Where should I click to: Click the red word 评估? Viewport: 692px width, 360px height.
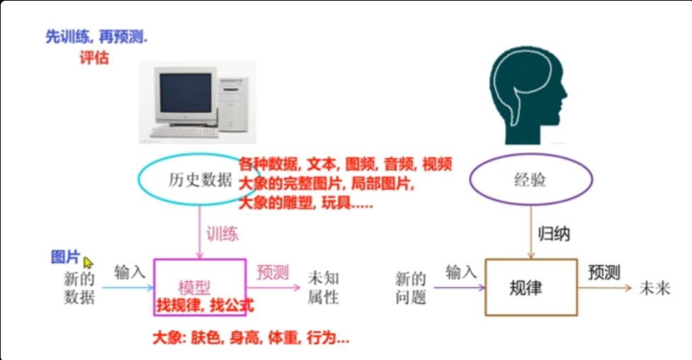94,58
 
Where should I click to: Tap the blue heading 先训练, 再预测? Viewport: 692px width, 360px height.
96,37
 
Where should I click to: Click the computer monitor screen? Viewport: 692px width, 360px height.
186,93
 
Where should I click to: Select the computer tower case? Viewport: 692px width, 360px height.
233,103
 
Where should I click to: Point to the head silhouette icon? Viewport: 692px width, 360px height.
528,95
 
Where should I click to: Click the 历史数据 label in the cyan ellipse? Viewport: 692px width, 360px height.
200,179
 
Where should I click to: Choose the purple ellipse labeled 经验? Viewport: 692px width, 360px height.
531,179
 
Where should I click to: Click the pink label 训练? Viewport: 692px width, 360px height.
222,234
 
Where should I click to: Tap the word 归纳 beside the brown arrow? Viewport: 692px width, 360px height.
554,234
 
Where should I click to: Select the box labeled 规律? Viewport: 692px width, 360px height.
531,288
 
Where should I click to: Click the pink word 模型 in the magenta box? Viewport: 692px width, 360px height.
194,288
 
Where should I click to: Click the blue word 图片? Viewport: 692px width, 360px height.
66,257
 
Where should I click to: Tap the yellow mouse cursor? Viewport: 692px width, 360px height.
88,263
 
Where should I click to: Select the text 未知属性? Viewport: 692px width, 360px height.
324,288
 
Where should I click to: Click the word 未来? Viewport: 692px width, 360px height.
655,288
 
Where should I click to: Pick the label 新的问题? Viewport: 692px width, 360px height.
410,288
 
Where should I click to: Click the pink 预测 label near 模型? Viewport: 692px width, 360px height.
273,273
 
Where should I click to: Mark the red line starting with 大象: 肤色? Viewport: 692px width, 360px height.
251,338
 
